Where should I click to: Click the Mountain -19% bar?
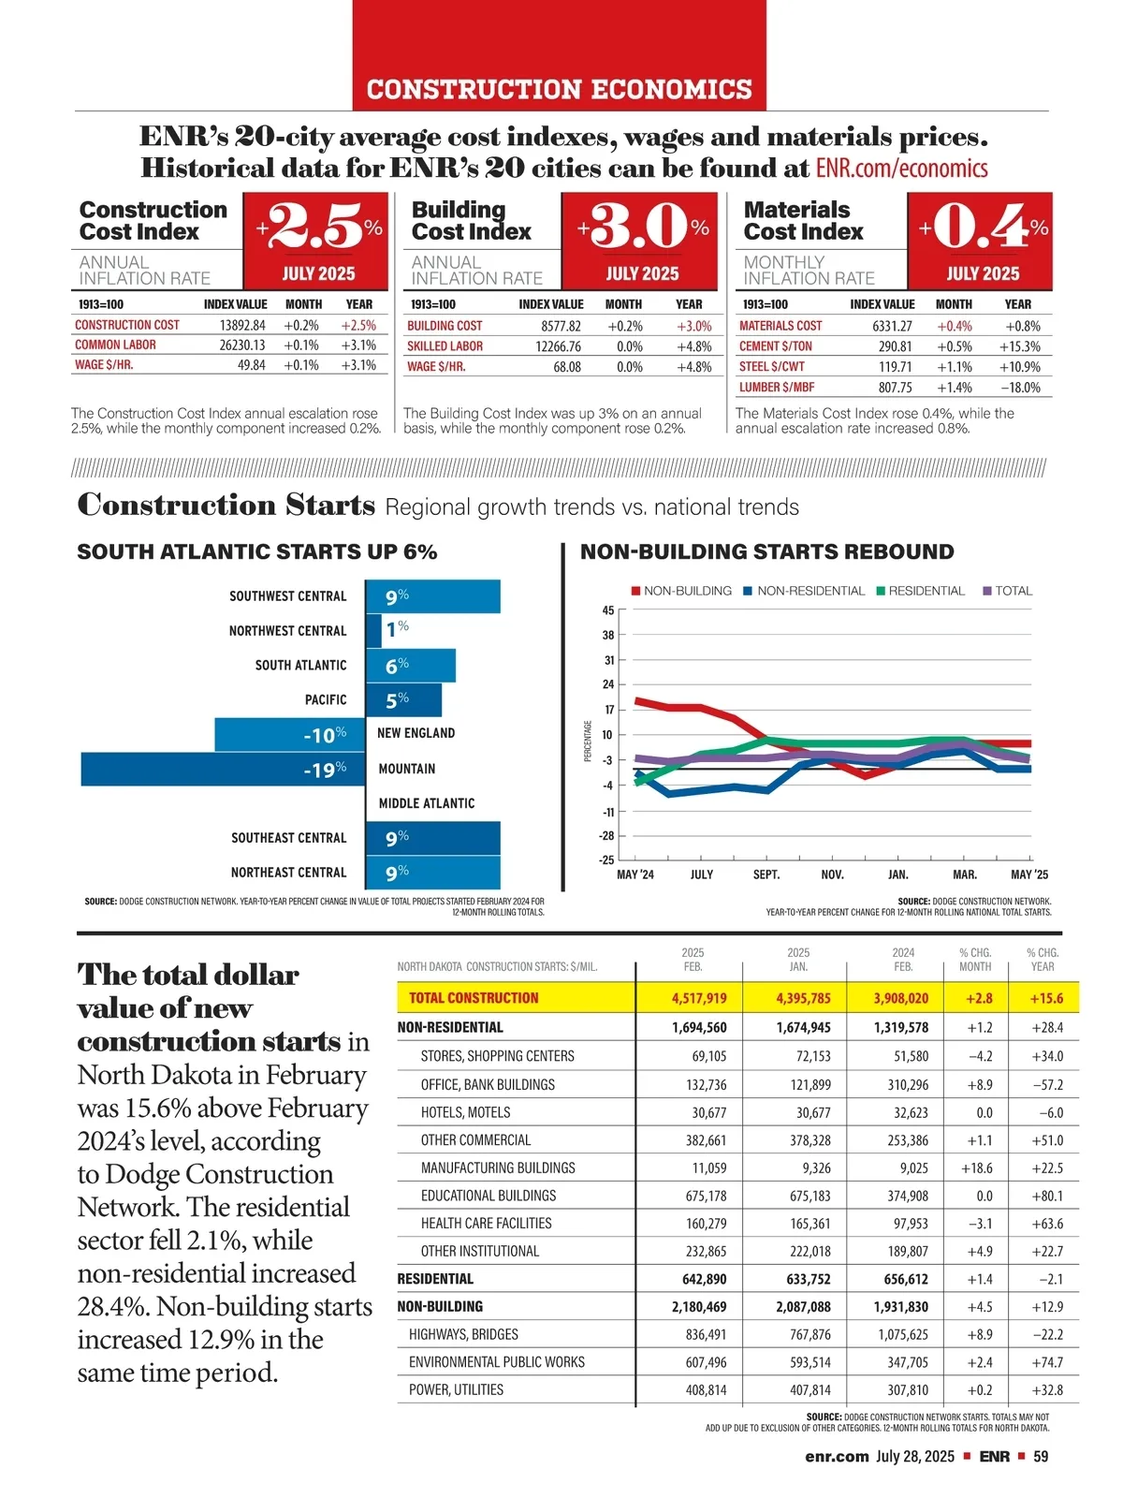click(x=223, y=769)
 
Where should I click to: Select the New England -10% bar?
click(x=289, y=734)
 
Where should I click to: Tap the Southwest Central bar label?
click(x=287, y=596)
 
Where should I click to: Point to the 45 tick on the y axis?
click(x=608, y=610)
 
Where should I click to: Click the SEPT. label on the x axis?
click(x=766, y=874)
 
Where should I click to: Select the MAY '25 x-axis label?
click(x=1029, y=874)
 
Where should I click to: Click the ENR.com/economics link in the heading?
click(x=901, y=169)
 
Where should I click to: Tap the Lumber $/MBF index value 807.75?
click(x=895, y=387)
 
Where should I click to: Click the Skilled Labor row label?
click(x=445, y=346)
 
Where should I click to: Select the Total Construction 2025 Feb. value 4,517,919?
click(x=698, y=998)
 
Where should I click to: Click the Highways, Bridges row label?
click(x=463, y=1334)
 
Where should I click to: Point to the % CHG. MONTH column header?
click(x=975, y=960)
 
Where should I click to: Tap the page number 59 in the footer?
click(x=1041, y=1456)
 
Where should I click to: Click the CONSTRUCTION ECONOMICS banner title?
click(x=559, y=90)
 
